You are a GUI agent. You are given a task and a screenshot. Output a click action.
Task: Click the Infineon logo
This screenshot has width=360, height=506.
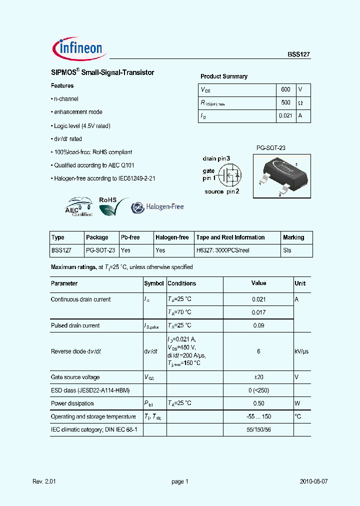tap(77, 48)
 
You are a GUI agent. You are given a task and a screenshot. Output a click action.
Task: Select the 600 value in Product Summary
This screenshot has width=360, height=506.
tap(285, 89)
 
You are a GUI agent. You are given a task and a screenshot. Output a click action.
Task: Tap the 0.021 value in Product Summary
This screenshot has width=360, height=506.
tap(284, 115)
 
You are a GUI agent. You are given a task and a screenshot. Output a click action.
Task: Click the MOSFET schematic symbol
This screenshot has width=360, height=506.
tap(231, 174)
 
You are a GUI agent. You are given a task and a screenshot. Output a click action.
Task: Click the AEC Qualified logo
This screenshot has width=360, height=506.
tap(78, 207)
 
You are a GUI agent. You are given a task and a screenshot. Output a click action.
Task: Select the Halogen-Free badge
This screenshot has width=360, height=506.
tap(157, 207)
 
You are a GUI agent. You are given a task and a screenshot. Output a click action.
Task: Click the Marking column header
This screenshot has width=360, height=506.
tap(293, 237)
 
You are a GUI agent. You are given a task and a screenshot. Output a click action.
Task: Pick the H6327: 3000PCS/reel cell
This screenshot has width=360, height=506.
tap(222, 251)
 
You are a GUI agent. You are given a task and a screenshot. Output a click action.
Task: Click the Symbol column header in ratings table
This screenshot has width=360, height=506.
tap(154, 283)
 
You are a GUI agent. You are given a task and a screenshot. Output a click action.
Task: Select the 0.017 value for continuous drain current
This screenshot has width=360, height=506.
tap(258, 312)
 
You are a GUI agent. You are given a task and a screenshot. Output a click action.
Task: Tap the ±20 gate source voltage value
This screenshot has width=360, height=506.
tap(258, 377)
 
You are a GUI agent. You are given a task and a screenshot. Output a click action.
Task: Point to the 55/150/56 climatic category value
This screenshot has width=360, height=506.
tap(258, 429)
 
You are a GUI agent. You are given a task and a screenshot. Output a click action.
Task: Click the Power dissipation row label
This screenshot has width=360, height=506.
tap(72, 403)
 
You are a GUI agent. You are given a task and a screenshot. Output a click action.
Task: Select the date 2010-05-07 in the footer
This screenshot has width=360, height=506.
tap(314, 481)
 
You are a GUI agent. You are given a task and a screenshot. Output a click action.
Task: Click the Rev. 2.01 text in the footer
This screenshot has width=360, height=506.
tap(45, 481)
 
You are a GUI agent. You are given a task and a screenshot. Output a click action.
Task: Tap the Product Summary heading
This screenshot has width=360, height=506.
tap(224, 76)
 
